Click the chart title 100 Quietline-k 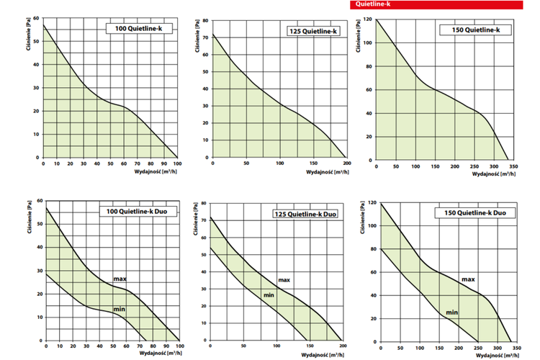click(x=139, y=28)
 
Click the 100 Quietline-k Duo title click(x=139, y=211)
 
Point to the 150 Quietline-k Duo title click(x=469, y=213)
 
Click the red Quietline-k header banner click(x=440, y=4)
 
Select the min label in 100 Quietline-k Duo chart click(x=120, y=310)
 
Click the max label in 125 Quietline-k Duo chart click(x=284, y=279)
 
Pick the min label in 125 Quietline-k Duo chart click(x=268, y=296)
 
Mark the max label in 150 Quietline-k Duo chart click(x=468, y=279)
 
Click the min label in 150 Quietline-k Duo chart click(x=451, y=312)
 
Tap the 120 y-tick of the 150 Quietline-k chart click(x=367, y=19)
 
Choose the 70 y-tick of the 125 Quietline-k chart click(x=206, y=35)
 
